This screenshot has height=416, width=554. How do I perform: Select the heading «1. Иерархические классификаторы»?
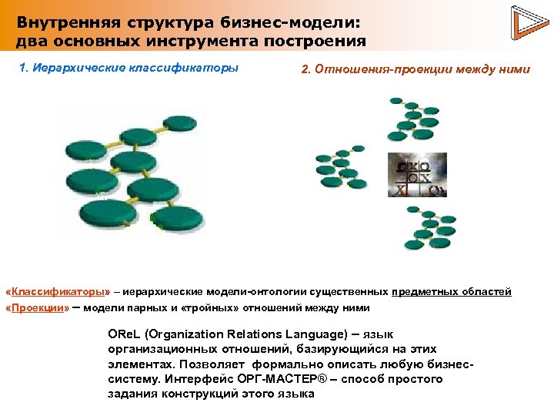(x=128, y=68)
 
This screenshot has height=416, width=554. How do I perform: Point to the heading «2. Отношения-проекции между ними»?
(x=415, y=69)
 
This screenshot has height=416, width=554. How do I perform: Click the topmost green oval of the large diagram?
(x=182, y=122)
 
